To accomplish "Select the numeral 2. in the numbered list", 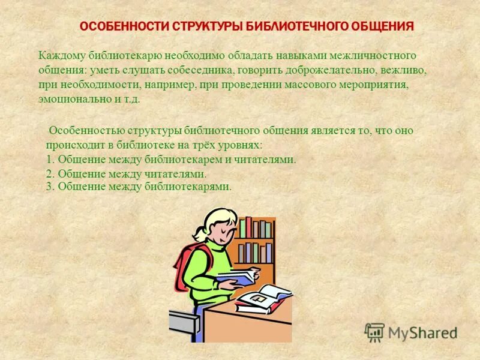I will point(50,174).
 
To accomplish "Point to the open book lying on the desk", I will point(262,298).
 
